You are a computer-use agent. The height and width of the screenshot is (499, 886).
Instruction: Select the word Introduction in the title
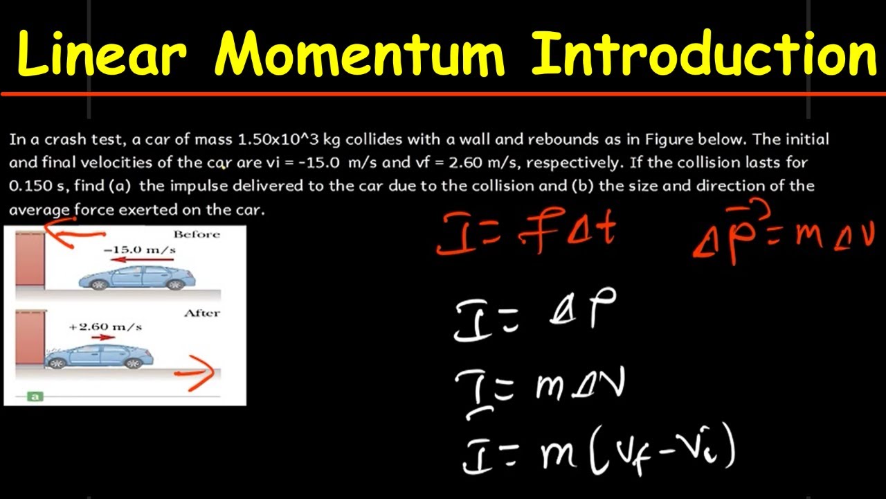click(704, 54)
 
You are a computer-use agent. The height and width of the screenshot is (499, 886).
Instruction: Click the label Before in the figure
click(196, 234)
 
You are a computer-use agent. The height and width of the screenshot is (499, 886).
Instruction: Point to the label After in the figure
click(201, 313)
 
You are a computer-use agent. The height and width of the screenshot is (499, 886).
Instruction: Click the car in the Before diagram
click(137, 277)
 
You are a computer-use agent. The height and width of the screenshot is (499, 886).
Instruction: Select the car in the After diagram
click(99, 356)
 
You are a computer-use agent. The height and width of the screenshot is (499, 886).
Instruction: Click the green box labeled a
click(35, 396)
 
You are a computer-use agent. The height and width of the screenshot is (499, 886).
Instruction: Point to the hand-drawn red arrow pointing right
click(196, 373)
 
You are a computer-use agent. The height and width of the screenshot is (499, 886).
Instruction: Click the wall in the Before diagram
click(30, 259)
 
